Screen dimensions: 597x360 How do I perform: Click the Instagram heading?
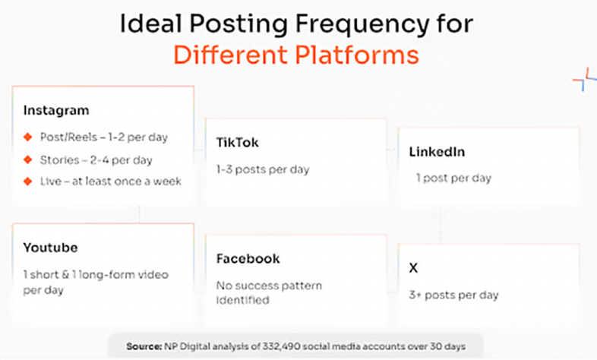[x=56, y=111]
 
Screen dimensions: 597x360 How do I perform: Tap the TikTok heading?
[x=237, y=142]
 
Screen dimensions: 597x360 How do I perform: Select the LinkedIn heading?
[x=437, y=152]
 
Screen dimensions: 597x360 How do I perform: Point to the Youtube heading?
[x=50, y=248]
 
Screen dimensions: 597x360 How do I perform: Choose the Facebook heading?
[x=248, y=259]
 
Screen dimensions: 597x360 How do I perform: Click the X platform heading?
[x=413, y=268]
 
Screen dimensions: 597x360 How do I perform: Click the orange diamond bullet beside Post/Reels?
[x=28, y=137]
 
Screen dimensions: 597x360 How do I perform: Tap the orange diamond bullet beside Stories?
[x=28, y=159]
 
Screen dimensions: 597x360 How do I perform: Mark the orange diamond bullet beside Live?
[x=28, y=182]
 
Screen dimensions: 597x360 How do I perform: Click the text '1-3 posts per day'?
[x=263, y=169]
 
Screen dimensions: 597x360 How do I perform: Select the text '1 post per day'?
[x=453, y=178]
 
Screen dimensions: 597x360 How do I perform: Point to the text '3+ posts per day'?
[x=454, y=295]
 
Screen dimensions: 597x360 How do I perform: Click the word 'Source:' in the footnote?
[x=144, y=346]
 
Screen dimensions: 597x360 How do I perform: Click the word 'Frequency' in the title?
[x=362, y=24]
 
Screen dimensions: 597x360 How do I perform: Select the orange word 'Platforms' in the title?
[x=357, y=55]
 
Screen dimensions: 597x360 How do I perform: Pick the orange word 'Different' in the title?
[x=230, y=55]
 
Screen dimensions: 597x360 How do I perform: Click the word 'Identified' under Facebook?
[x=243, y=300]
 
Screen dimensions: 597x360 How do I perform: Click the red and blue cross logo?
[x=584, y=79]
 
